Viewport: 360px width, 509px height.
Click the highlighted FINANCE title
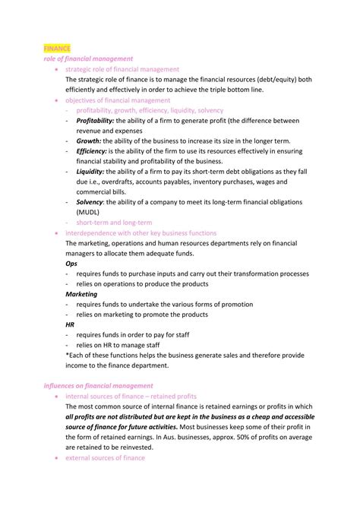tap(57, 48)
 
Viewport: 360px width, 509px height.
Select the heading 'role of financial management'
tap(88, 58)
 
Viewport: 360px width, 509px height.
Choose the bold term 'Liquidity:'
tap(93, 172)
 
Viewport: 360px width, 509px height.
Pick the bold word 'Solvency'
tap(90, 202)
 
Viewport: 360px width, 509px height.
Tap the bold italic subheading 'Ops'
tap(71, 264)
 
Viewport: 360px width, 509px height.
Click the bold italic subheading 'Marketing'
tap(81, 293)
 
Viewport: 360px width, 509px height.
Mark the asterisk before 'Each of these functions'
tap(67, 355)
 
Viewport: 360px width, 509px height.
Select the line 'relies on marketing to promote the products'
tap(142, 314)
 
